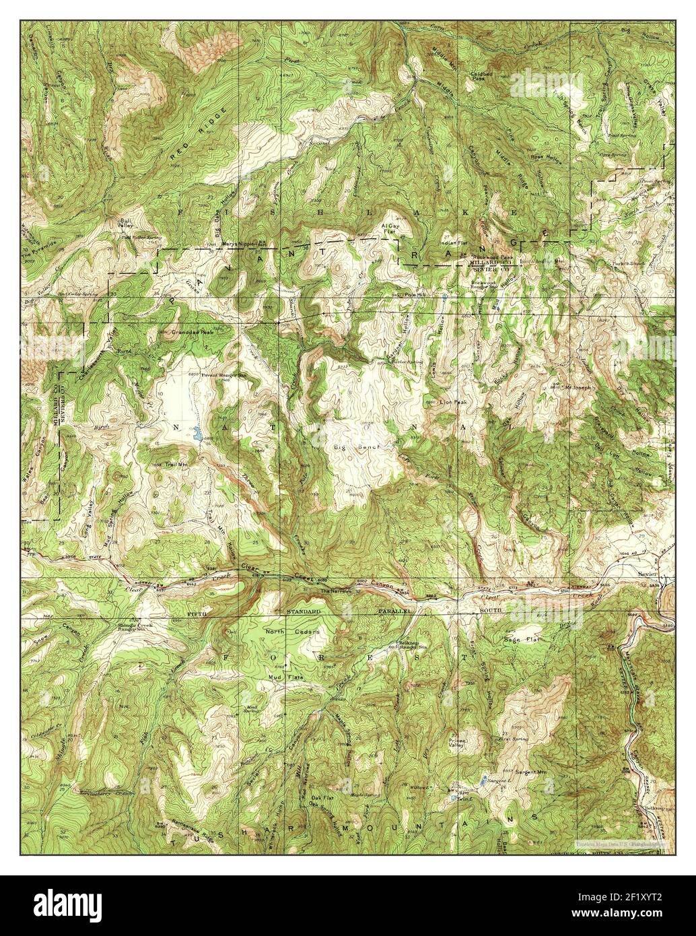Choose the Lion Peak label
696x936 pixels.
point(453,402)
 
